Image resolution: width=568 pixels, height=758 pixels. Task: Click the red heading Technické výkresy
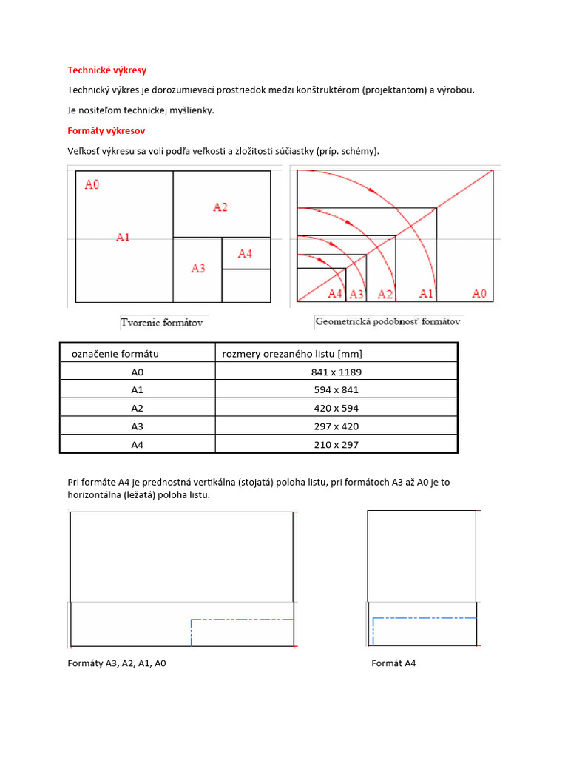tap(106, 70)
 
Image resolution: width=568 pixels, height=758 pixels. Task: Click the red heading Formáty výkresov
tap(106, 131)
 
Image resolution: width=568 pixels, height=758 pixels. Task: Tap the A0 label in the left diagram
tap(92, 184)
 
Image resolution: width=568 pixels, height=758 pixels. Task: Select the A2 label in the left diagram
tap(220, 207)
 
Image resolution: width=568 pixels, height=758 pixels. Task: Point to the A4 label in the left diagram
tap(245, 254)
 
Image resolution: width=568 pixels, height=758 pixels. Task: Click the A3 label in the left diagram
tap(197, 269)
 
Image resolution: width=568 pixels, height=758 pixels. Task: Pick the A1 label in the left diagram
tap(123, 238)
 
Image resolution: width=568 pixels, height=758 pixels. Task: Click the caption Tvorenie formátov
tap(162, 323)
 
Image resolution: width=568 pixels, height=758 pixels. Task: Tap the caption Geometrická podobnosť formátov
tap(388, 322)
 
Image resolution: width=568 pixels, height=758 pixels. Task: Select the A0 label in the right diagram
tap(479, 294)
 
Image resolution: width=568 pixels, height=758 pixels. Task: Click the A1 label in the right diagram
tap(426, 294)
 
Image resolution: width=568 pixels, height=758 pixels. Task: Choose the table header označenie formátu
tap(115, 354)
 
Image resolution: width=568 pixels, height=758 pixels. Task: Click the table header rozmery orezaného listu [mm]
tap(292, 354)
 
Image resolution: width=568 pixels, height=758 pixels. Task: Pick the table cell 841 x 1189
tap(337, 372)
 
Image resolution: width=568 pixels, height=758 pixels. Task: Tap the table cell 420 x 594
tap(337, 409)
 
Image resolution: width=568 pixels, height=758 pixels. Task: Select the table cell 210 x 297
tap(337, 445)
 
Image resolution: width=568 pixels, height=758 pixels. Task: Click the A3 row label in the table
tap(138, 426)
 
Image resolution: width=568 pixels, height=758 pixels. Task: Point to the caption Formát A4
tap(393, 663)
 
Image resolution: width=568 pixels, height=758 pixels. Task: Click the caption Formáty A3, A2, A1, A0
tap(117, 663)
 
